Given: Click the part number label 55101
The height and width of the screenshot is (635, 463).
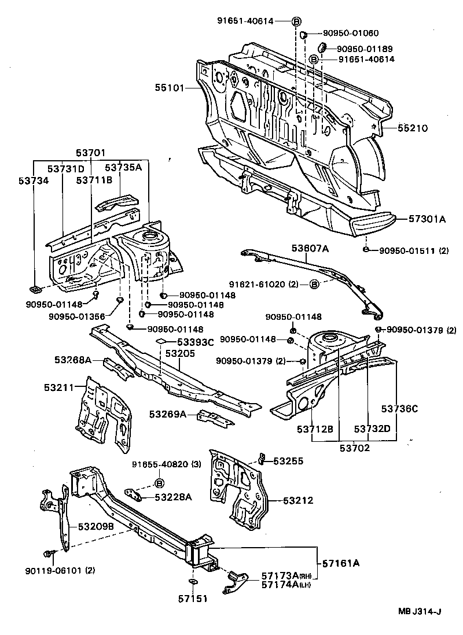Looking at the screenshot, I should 169,88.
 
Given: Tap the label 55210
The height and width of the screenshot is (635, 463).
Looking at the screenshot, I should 413,128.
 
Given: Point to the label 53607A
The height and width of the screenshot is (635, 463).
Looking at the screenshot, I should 310,249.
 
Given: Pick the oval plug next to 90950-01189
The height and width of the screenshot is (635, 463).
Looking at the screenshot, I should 324,47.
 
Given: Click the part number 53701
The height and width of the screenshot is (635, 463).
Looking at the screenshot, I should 91,153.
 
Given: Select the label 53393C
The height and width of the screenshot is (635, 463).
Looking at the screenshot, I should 195,342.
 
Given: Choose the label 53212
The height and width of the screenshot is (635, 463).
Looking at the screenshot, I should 299,500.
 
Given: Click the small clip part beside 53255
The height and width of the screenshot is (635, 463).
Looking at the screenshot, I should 261,460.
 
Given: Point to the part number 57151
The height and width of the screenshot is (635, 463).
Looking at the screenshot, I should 192,600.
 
